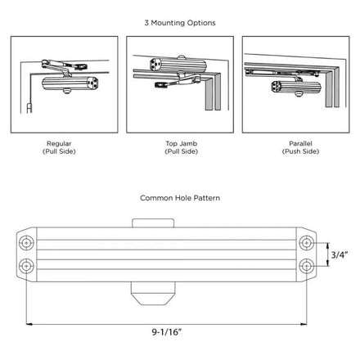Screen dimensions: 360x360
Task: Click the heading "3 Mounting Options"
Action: click(x=180, y=23)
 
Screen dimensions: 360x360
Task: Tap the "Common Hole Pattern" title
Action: click(x=180, y=198)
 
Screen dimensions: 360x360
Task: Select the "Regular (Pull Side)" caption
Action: click(x=59, y=147)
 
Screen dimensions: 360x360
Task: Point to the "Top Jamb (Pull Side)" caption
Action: click(x=182, y=147)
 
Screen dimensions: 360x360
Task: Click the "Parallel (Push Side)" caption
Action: click(x=300, y=147)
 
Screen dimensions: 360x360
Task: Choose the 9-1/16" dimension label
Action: click(x=167, y=332)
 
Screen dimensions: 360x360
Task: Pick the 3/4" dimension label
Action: click(x=340, y=254)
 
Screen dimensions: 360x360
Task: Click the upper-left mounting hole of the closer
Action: click(x=26, y=243)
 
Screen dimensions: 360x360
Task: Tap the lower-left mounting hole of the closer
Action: click(x=26, y=266)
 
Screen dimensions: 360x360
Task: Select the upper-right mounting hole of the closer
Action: click(x=307, y=243)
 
